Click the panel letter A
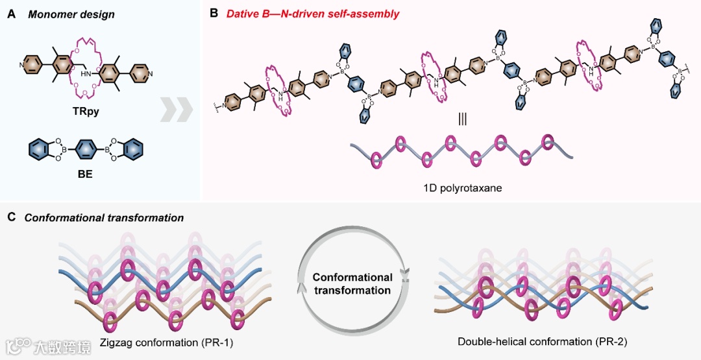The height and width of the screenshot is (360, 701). pyautogui.click(x=11, y=14)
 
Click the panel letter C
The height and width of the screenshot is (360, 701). pyautogui.click(x=11, y=218)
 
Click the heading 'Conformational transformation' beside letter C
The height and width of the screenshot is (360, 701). pyautogui.click(x=104, y=218)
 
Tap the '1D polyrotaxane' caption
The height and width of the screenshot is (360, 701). pyautogui.click(x=462, y=187)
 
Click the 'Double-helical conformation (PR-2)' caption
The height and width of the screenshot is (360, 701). pyautogui.click(x=542, y=341)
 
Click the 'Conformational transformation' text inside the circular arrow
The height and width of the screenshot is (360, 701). pyautogui.click(x=352, y=284)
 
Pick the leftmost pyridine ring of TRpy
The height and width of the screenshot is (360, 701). pyautogui.click(x=31, y=65)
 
